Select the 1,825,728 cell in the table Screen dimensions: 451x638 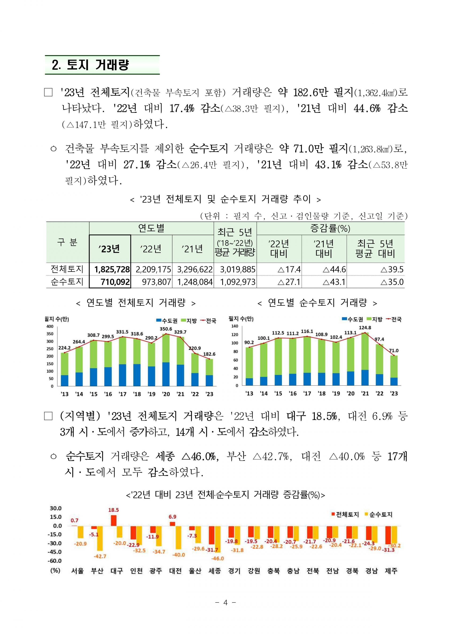pyautogui.click(x=112, y=269)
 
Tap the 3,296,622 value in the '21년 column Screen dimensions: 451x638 pyautogui.click(x=195, y=269)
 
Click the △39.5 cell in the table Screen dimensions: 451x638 pyautogui.click(x=392, y=269)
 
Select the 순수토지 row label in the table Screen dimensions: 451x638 pyautogui.click(x=67, y=282)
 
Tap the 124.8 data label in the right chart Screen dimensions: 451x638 pyautogui.click(x=365, y=328)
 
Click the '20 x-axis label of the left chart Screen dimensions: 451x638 pyautogui.click(x=166, y=394)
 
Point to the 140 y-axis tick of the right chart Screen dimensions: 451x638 pyautogui.click(x=235, y=326)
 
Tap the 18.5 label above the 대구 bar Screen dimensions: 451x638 pyautogui.click(x=114, y=510)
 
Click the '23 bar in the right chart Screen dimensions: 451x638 pyautogui.click(x=394, y=371)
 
